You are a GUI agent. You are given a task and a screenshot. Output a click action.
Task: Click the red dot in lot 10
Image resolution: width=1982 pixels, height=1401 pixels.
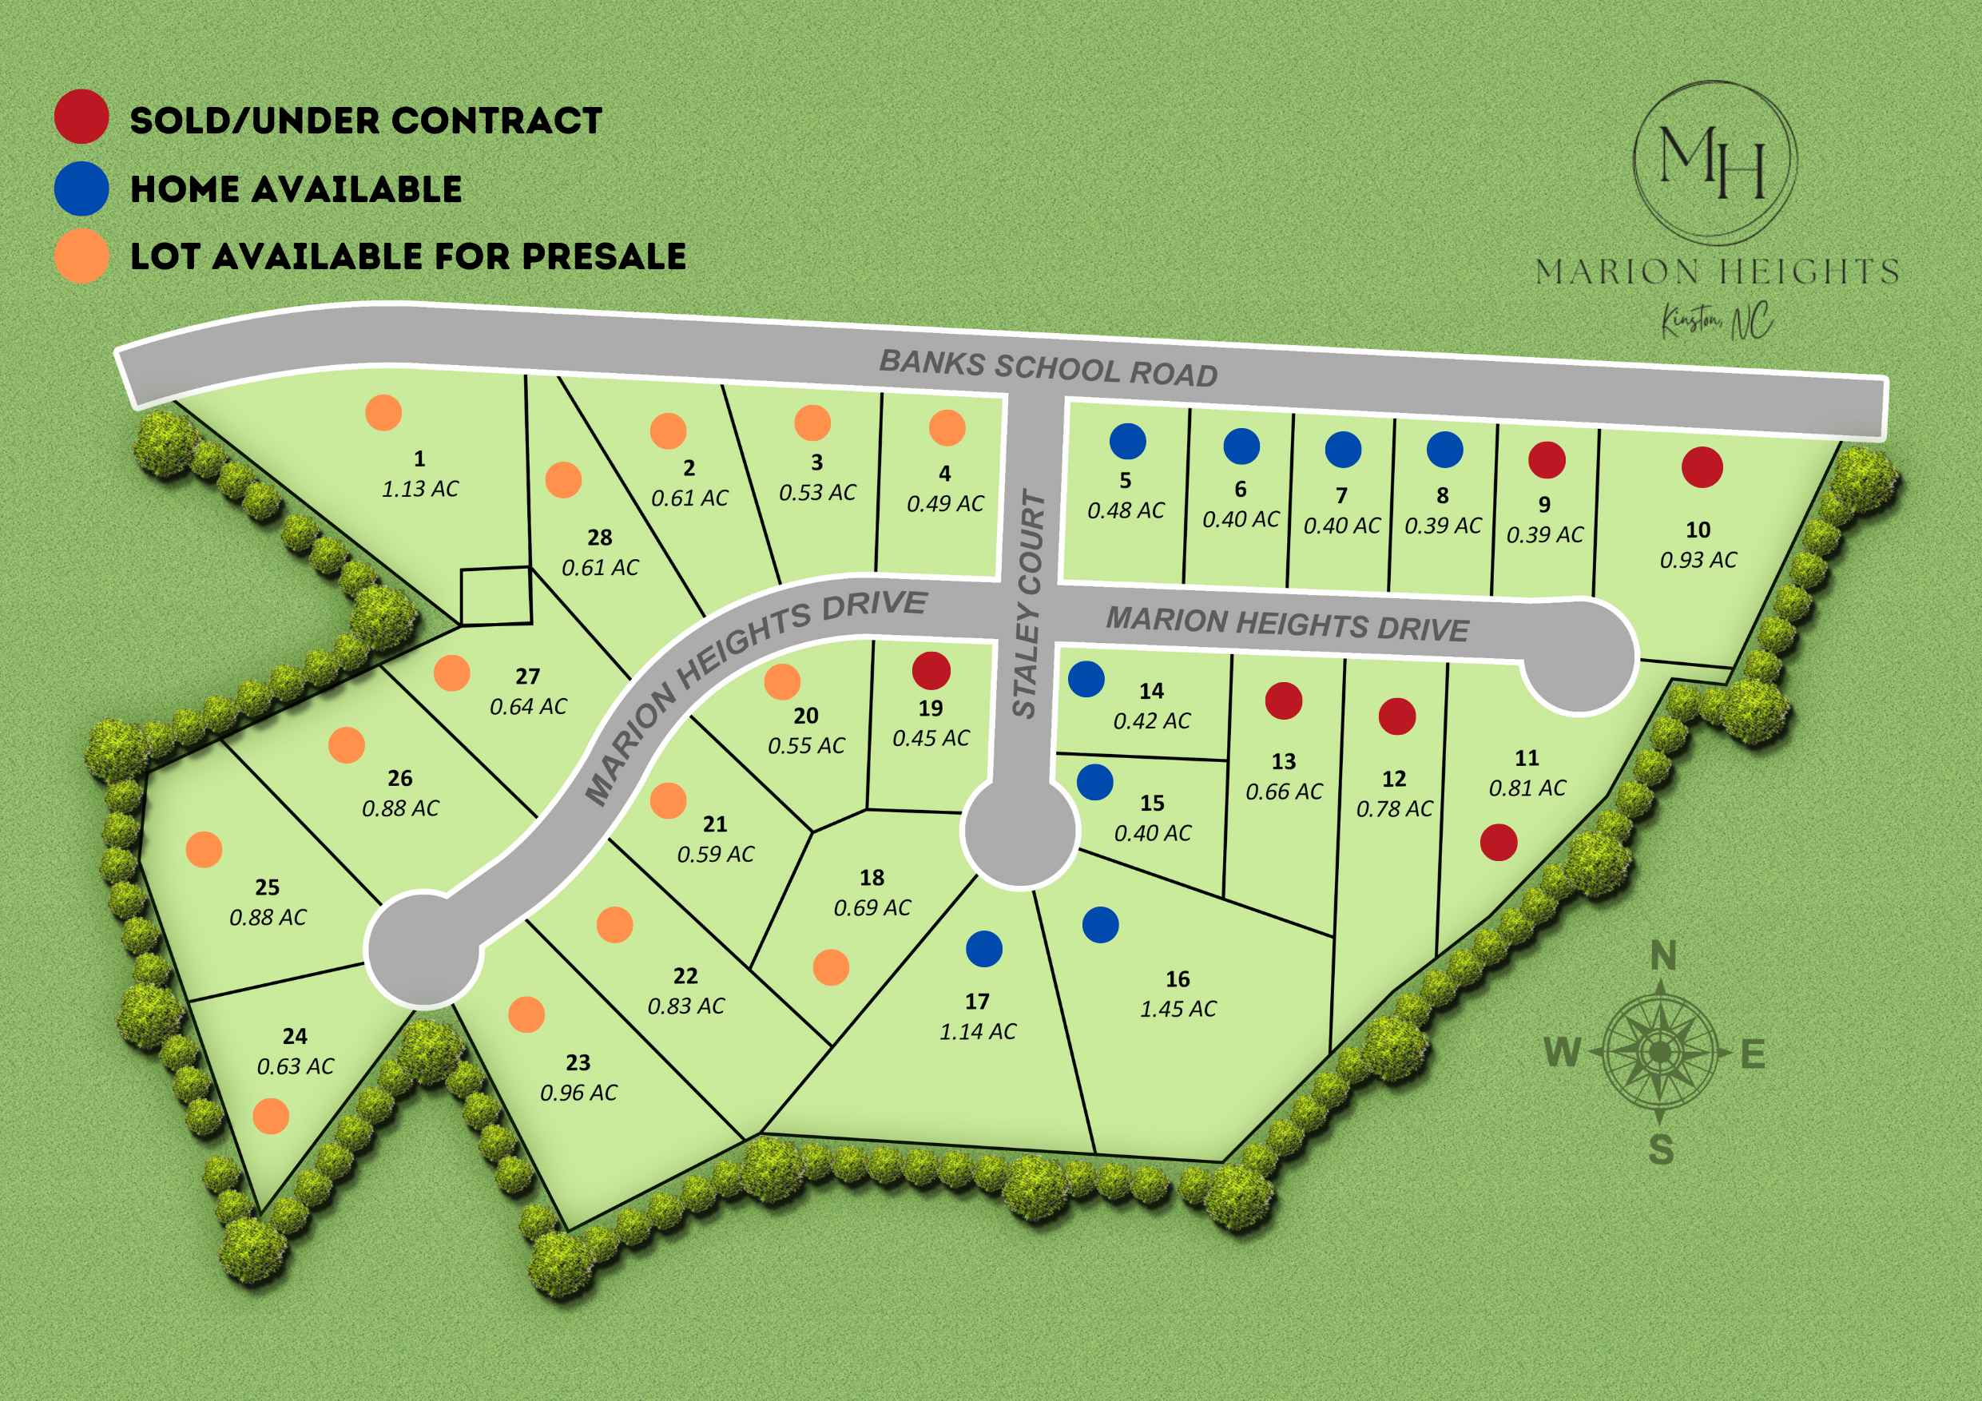(1702, 467)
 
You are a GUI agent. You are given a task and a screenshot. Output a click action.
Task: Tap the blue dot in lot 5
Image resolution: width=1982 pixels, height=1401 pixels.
(1127, 441)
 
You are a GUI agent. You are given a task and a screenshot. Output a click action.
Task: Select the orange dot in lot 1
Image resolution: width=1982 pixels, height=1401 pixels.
(383, 413)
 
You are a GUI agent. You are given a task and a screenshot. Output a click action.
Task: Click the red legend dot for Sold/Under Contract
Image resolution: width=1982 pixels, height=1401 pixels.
(81, 116)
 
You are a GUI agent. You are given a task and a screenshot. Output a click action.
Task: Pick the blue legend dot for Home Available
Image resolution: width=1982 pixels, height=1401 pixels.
(81, 189)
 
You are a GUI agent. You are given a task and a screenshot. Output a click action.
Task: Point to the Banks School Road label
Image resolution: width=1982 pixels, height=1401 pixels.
(1048, 367)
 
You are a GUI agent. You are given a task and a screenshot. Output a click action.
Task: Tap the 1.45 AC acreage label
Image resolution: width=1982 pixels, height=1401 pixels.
(1178, 1008)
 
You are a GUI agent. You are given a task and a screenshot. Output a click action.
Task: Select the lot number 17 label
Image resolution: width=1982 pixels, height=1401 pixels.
(977, 1002)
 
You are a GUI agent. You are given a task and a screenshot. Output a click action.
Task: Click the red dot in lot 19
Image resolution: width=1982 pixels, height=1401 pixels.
(931, 670)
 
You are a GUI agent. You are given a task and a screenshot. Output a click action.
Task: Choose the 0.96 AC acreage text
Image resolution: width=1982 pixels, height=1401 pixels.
(578, 1093)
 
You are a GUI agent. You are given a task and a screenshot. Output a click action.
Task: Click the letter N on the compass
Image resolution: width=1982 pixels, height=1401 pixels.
(1662, 956)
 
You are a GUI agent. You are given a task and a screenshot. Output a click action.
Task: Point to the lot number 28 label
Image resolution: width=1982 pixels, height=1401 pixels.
(600, 538)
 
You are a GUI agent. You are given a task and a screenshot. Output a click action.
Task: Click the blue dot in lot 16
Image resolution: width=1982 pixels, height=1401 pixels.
(1101, 924)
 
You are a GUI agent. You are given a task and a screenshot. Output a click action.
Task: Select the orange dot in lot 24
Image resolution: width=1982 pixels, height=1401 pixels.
(271, 1116)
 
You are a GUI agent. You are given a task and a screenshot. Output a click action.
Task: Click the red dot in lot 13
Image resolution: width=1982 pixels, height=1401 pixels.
(1284, 700)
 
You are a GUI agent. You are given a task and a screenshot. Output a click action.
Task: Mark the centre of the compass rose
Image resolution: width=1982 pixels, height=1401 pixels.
(1659, 1053)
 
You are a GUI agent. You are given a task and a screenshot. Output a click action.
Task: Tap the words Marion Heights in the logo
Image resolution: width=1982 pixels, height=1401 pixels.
(1716, 272)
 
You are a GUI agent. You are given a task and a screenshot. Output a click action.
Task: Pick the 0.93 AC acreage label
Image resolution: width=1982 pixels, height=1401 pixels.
(1698, 560)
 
